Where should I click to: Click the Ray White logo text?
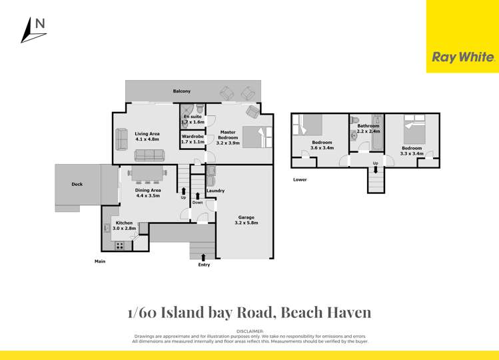click(464, 57)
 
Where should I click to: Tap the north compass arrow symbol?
click(27, 31)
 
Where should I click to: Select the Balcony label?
click(182, 91)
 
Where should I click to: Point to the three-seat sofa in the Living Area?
click(150, 155)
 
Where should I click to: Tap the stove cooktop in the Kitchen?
click(121, 245)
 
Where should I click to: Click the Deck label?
click(77, 185)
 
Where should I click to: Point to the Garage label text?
click(247, 217)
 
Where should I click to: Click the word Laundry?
click(215, 191)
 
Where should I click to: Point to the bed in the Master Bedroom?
click(256, 137)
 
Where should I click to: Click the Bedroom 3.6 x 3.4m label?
click(322, 145)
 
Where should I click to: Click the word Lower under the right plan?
click(300, 179)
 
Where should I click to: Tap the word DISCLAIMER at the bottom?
click(250, 331)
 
